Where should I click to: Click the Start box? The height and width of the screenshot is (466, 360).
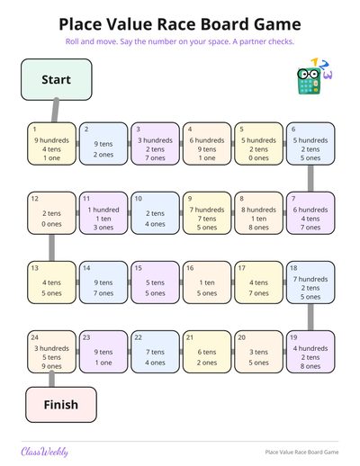point(57,79)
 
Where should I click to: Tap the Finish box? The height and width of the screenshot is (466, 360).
point(61,405)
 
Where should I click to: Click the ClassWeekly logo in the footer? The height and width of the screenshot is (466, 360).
point(44,452)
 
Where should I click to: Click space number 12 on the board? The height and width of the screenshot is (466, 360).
point(52,213)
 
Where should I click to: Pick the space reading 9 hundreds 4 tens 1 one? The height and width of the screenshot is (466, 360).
point(52,144)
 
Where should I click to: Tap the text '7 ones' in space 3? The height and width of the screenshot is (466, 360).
point(156,158)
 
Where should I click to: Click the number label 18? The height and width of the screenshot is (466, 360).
point(293,268)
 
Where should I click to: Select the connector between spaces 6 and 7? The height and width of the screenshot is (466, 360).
point(310,178)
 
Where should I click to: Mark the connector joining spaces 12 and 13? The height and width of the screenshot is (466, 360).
point(52,247)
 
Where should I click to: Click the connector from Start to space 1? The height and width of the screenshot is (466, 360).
point(55,111)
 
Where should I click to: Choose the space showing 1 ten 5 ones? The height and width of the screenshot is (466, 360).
point(207,282)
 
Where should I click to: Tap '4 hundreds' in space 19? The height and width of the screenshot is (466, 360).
point(310,348)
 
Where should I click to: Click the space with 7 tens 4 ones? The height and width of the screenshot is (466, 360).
point(156,352)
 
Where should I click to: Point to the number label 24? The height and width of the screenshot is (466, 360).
point(35,337)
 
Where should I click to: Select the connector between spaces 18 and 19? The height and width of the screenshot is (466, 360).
point(310,318)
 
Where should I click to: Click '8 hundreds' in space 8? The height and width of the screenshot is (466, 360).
point(258,210)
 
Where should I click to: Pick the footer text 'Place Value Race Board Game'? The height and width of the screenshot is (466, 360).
point(301,452)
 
